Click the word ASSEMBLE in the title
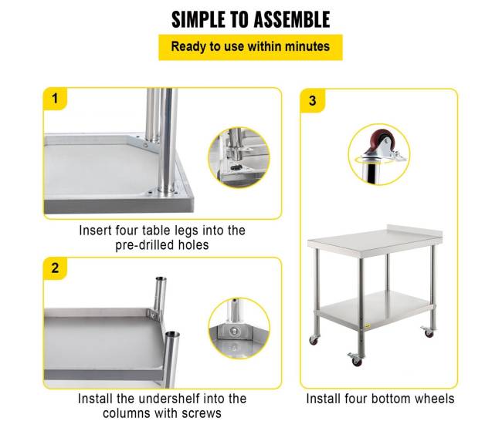(291, 19)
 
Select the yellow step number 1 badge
(55, 99)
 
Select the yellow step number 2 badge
(55, 268)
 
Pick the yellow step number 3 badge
(313, 101)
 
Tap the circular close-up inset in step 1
(239, 157)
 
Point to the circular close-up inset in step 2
(239, 328)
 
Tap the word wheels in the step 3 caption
(435, 399)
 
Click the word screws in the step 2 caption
(202, 413)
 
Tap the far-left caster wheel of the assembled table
(314, 340)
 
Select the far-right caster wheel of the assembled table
(428, 332)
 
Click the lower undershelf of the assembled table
(375, 309)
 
